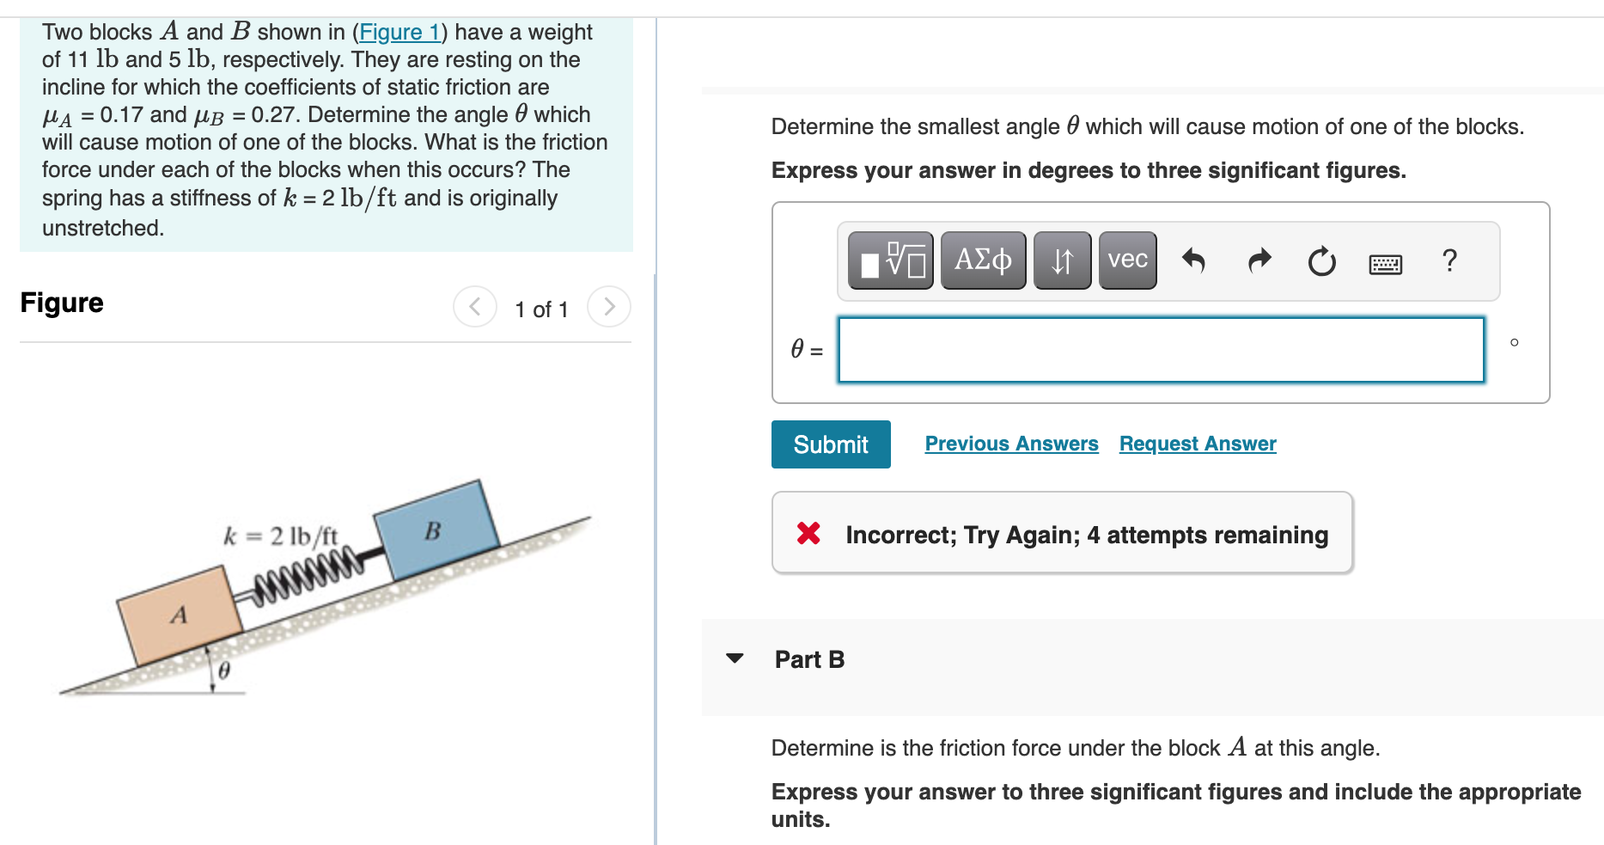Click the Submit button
coord(830,444)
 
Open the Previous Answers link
coord(1011,444)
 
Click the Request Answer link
coord(1197,444)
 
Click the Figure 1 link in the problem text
coord(399,32)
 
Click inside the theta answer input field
coord(1160,350)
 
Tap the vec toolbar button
coord(1127,260)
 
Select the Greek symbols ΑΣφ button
coord(983,260)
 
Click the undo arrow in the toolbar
coord(1193,260)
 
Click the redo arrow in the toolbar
coord(1259,260)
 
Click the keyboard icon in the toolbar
coord(1385,264)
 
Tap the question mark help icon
coord(1449,260)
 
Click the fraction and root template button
coord(891,260)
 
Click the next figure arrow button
coord(609,307)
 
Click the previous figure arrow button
coord(475,307)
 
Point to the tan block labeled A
coord(180,614)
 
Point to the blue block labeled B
coord(436,530)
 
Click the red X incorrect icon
coord(808,534)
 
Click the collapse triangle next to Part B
coord(735,658)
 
